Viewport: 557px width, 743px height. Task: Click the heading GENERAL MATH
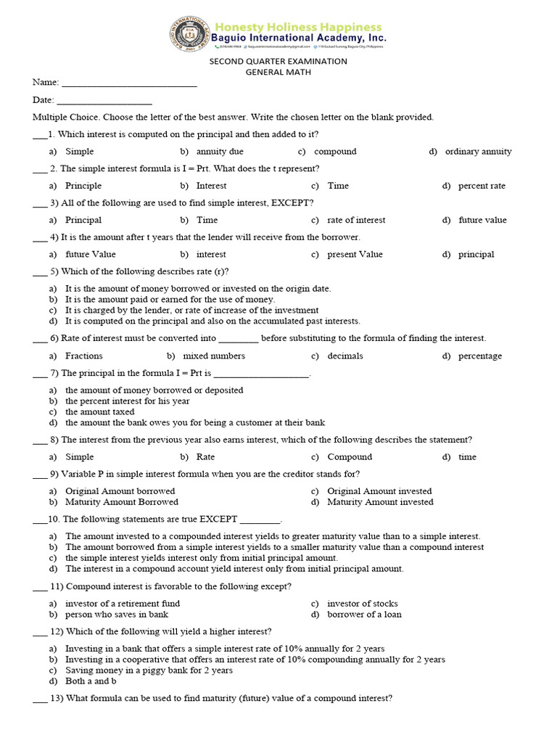(x=278, y=73)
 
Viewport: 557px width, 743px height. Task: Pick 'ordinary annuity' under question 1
(x=478, y=152)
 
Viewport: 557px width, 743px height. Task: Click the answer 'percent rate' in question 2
(x=482, y=186)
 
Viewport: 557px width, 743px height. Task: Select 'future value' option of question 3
(x=482, y=220)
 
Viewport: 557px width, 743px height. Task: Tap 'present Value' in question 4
(x=355, y=255)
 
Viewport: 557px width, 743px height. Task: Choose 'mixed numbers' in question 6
(x=214, y=356)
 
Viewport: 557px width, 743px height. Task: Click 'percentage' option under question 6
(x=479, y=356)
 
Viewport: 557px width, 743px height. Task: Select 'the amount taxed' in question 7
(x=100, y=411)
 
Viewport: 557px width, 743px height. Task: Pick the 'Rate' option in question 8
(x=205, y=457)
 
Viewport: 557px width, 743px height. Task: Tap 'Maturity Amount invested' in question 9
(x=380, y=502)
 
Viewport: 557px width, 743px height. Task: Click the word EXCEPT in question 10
(x=218, y=520)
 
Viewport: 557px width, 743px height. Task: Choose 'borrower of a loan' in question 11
(x=364, y=615)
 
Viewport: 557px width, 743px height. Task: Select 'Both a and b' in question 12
(x=91, y=681)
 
